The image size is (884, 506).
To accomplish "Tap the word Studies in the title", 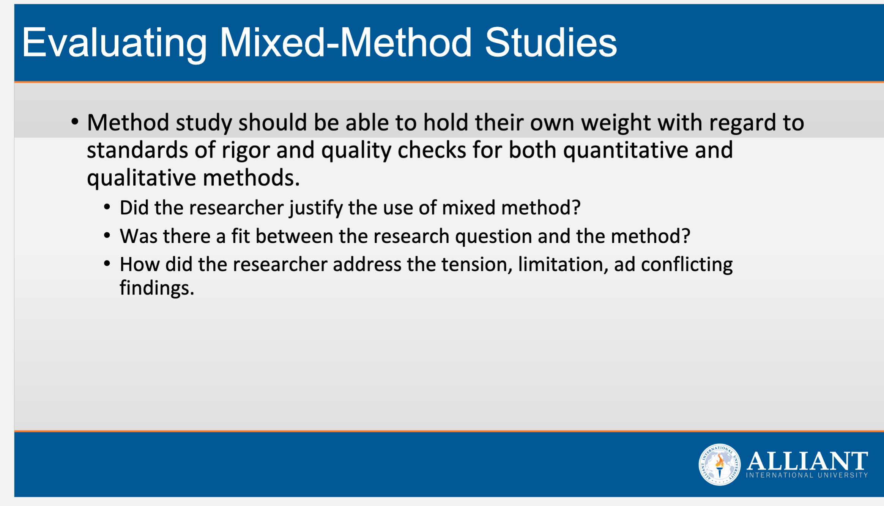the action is click(551, 43).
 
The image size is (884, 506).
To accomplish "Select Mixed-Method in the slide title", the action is click(345, 43).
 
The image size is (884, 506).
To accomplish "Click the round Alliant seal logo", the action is click(719, 465).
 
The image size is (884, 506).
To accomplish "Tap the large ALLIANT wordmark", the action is click(807, 461).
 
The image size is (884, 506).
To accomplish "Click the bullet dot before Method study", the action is click(75, 122).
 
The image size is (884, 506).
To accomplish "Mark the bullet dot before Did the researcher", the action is click(107, 207).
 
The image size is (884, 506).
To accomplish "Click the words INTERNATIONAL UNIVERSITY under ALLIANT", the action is click(807, 475).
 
